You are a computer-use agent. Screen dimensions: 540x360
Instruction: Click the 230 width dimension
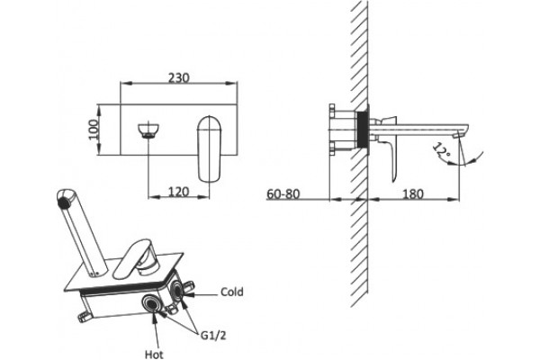pyautogui.click(x=179, y=78)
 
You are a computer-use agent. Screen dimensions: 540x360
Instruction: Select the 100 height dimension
pyautogui.click(x=94, y=130)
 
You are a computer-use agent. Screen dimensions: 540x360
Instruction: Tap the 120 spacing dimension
pyautogui.click(x=179, y=192)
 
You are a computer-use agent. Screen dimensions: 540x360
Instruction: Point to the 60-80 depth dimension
pyautogui.click(x=283, y=194)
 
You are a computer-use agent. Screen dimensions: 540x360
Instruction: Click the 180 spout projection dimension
pyautogui.click(x=412, y=194)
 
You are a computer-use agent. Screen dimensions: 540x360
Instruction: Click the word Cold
pyautogui.click(x=232, y=292)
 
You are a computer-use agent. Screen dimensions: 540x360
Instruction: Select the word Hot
pyautogui.click(x=154, y=354)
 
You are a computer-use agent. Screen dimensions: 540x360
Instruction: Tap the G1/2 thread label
pyautogui.click(x=213, y=335)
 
